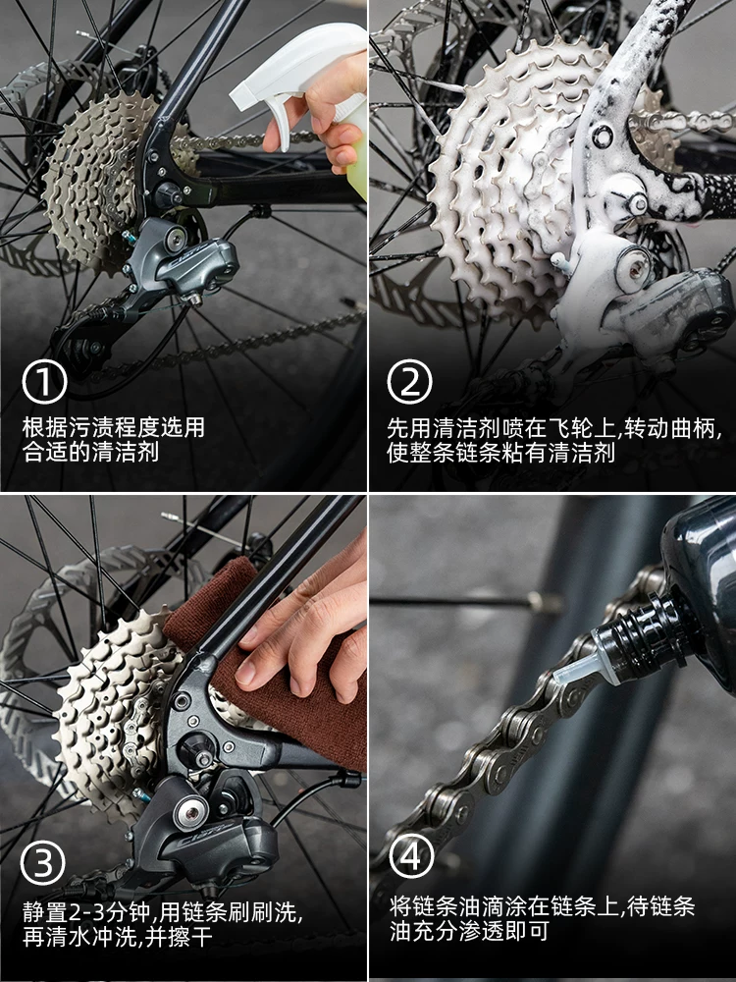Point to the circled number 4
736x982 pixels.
[411, 857]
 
